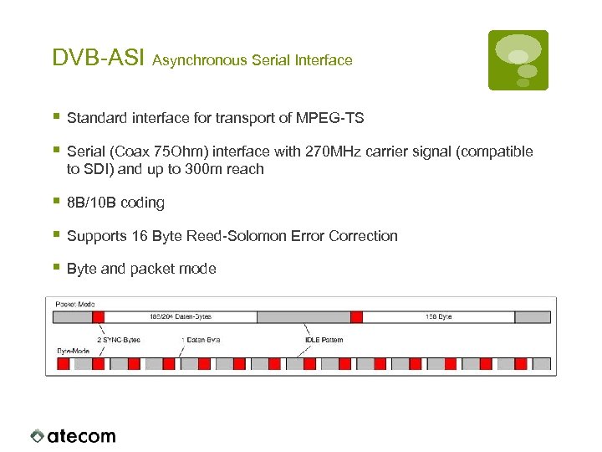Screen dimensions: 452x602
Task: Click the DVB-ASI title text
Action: coord(99,58)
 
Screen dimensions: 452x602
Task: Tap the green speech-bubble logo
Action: coord(518,59)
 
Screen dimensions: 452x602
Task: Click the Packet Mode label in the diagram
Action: coord(75,303)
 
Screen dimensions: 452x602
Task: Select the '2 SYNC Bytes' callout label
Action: coord(119,340)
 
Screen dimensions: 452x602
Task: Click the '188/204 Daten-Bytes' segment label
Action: coord(180,317)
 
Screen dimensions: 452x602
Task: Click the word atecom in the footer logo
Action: coord(81,435)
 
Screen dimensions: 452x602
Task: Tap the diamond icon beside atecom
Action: coord(38,435)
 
